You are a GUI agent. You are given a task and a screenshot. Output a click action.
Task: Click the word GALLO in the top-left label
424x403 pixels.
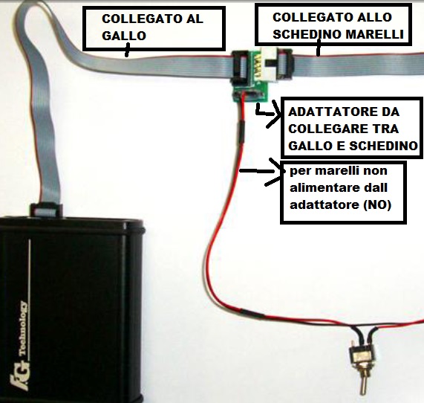pyautogui.click(x=124, y=36)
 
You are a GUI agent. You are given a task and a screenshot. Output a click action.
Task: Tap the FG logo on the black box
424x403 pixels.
pyautogui.click(x=19, y=377)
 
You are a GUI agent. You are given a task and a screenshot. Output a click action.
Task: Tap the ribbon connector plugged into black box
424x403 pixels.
pyautogui.click(x=45, y=210)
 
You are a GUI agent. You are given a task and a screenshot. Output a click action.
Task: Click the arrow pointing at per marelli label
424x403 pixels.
pyautogui.click(x=262, y=171)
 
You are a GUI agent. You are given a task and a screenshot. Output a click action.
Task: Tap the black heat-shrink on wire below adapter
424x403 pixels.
pyautogui.click(x=241, y=132)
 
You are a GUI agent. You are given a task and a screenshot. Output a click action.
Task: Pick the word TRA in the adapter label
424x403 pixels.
pyautogui.click(x=385, y=129)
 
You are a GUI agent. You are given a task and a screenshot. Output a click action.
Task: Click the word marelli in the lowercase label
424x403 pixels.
pyautogui.click(x=337, y=170)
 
